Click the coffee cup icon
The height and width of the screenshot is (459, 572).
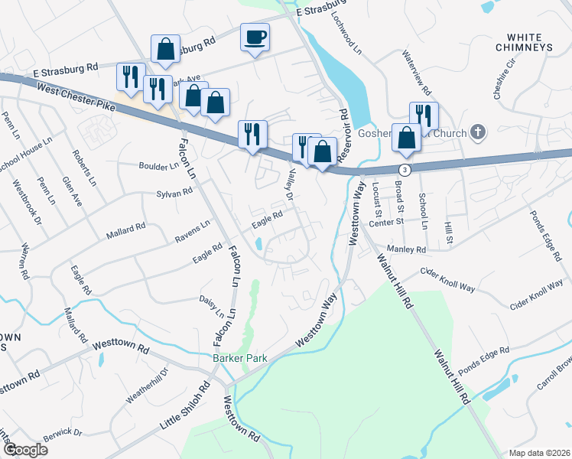[255, 37]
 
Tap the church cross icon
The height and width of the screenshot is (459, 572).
[478, 133]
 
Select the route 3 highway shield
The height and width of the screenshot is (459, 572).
[405, 167]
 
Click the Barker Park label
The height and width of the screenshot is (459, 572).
[238, 357]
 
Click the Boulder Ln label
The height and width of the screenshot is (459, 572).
[158, 165]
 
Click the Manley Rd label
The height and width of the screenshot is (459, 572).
[406, 249]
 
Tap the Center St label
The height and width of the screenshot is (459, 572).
[385, 223]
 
